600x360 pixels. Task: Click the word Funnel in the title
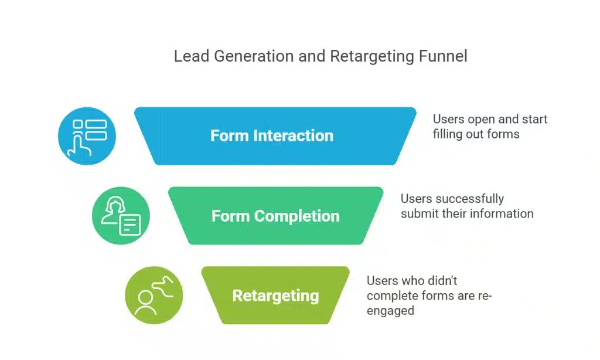click(444, 57)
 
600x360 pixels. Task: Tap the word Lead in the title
click(188, 57)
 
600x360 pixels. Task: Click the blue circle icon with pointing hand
click(87, 136)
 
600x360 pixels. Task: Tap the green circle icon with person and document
click(121, 216)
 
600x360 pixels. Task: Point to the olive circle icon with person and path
click(154, 296)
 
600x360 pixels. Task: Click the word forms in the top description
click(503, 134)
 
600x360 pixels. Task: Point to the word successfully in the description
click(470, 199)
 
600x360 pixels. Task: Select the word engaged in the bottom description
click(390, 311)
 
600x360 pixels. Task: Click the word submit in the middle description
click(420, 214)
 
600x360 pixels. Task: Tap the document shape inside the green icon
click(130, 225)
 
